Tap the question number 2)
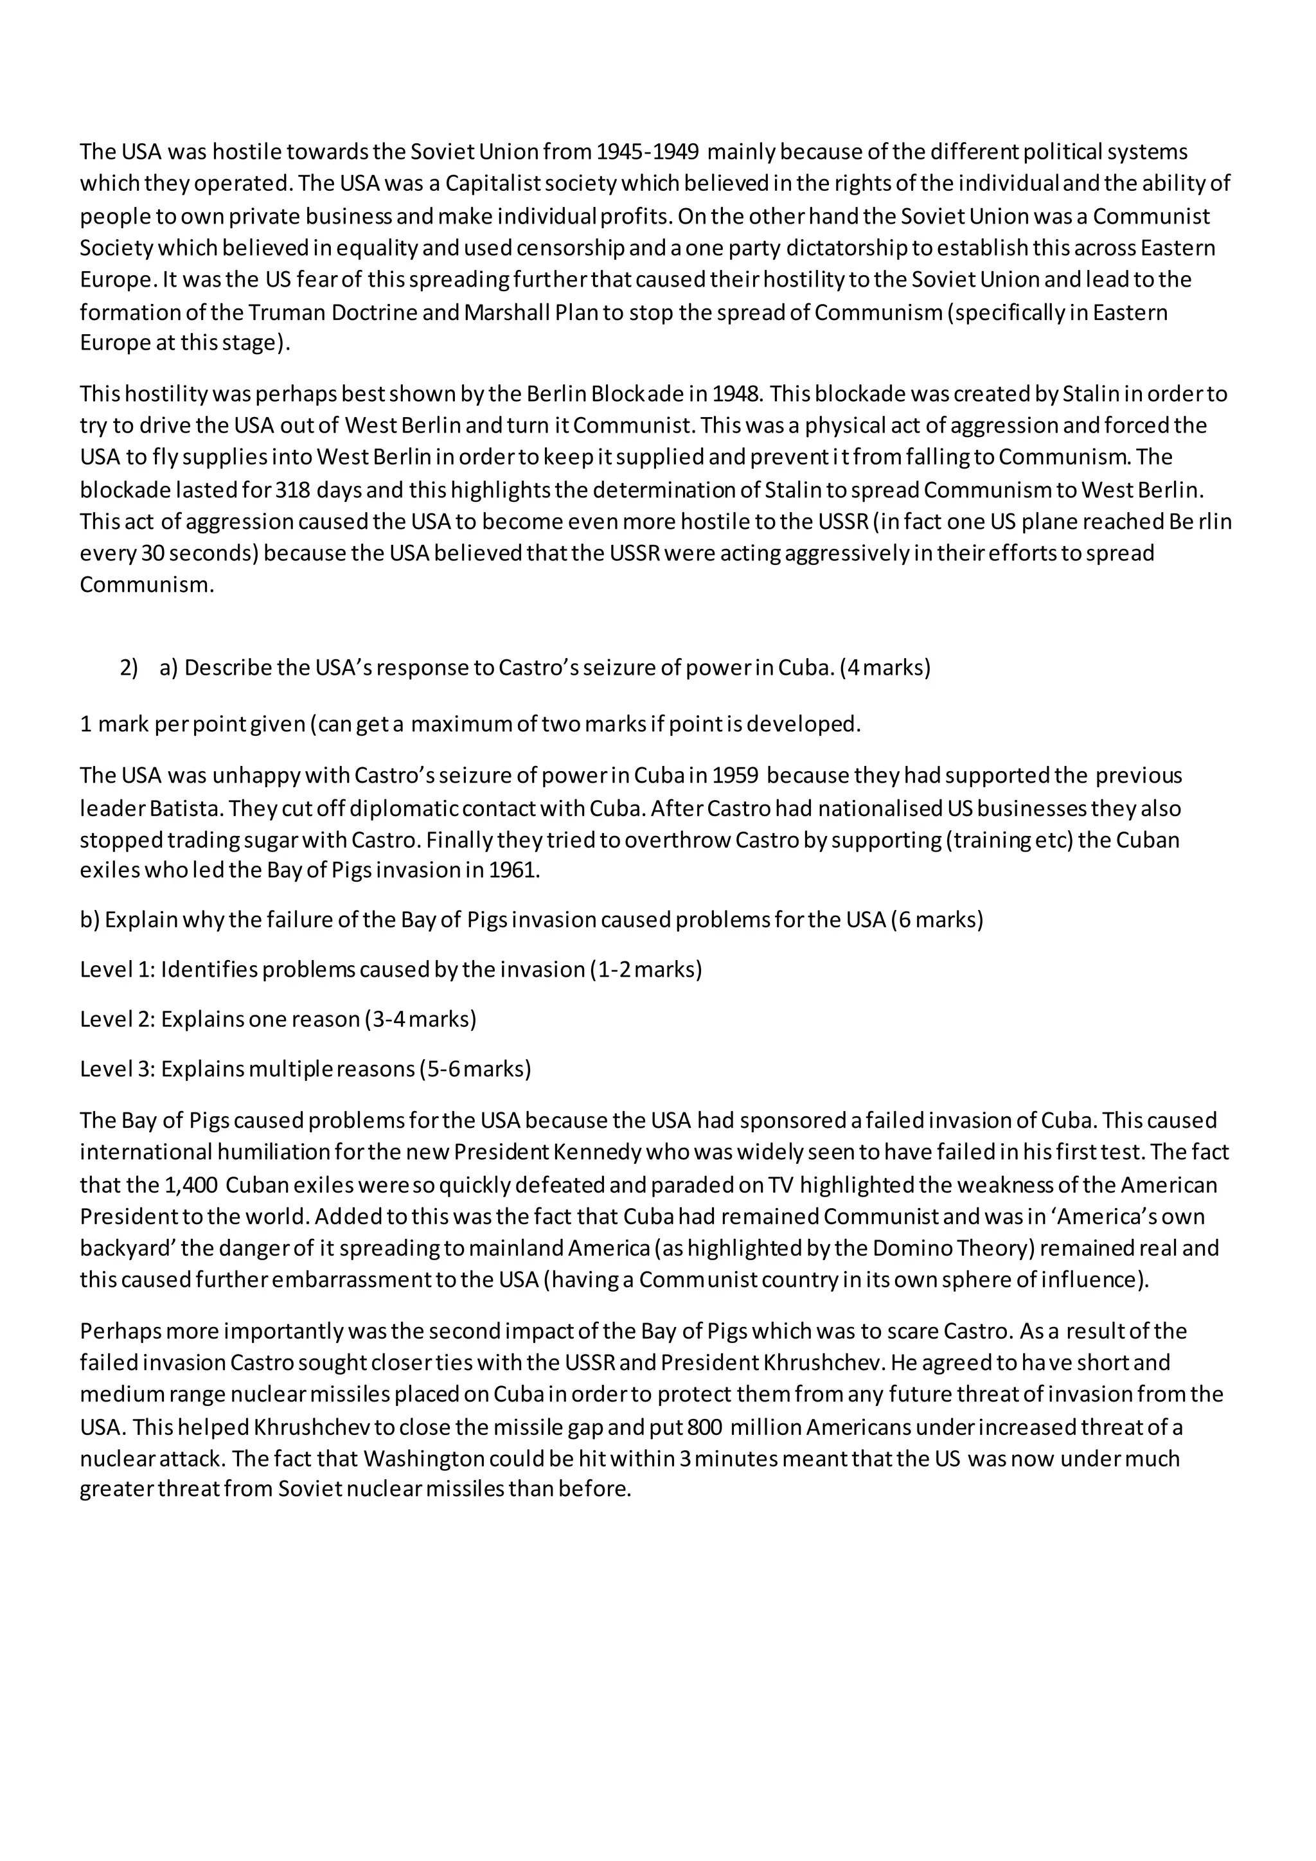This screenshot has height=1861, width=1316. coord(129,668)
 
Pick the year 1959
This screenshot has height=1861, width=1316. coord(735,776)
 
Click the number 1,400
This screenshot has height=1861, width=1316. coord(190,1185)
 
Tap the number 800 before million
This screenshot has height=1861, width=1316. coord(704,1427)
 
